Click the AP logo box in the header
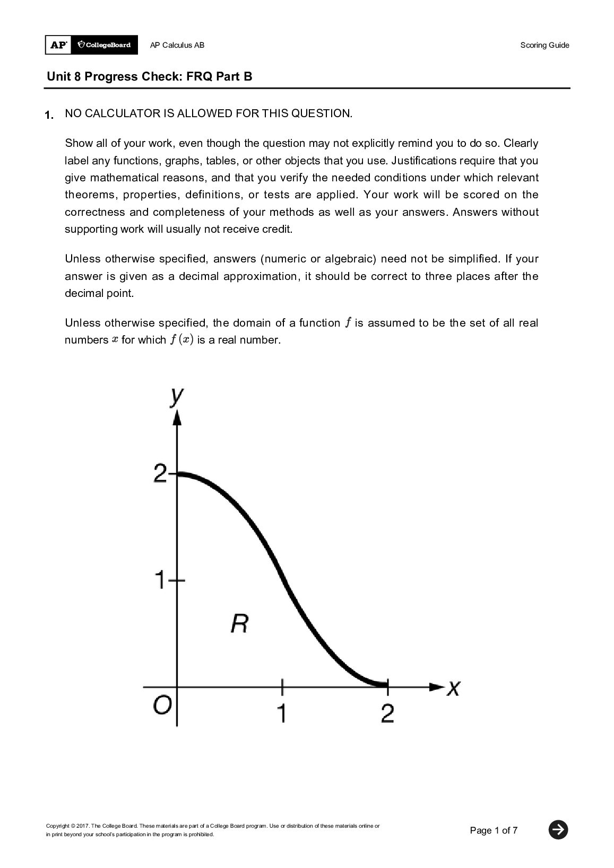(x=58, y=45)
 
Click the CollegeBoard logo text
(x=105, y=45)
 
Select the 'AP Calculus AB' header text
(x=177, y=45)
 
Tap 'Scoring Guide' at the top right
(x=544, y=45)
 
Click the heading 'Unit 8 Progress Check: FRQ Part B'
(x=150, y=76)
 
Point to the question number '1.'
(x=49, y=115)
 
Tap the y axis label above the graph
(x=177, y=396)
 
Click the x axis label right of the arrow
(x=453, y=688)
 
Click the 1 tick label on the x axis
(x=282, y=713)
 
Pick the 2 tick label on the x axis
(x=387, y=713)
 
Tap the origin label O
(x=162, y=705)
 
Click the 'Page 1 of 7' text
(x=494, y=830)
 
